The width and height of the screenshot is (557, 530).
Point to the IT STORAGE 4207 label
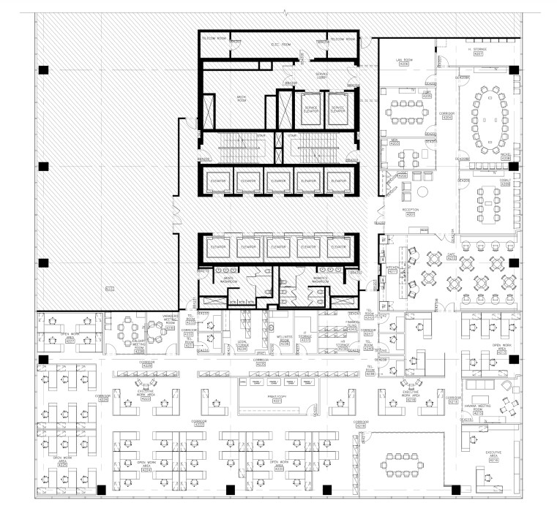478,52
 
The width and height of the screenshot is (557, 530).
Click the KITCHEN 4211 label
392,271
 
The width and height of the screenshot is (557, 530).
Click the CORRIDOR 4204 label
446,116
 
